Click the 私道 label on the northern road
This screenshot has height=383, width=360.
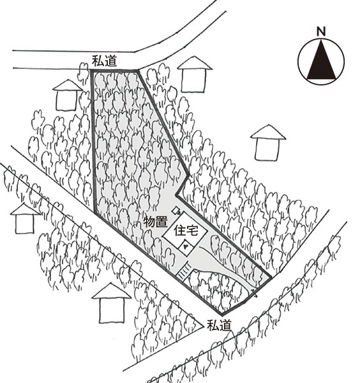tap(104, 61)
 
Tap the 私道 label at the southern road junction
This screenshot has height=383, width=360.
tap(219, 325)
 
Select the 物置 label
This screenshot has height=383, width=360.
tap(156, 222)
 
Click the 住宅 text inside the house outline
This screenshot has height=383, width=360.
tap(186, 231)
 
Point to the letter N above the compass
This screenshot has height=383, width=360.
tap(321, 31)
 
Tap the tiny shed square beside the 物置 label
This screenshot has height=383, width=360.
tap(176, 211)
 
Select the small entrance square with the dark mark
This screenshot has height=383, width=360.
tap(186, 246)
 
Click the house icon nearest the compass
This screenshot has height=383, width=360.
tap(267, 143)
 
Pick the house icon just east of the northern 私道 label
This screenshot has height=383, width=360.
tap(195, 75)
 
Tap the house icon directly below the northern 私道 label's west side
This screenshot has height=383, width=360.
tap(67, 95)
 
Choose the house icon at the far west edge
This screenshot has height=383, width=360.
tap(24, 219)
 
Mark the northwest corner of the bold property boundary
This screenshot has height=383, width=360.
tap(91, 70)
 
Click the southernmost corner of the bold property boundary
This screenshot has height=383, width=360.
tap(221, 313)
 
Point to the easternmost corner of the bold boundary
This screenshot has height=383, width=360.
tap(271, 277)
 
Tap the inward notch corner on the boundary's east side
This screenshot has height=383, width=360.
tap(176, 196)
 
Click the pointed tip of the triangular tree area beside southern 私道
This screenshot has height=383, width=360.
tap(203, 326)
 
